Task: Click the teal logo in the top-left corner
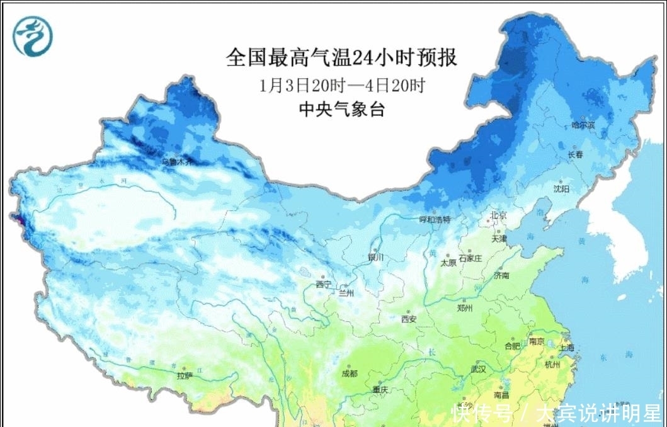(x=33, y=35)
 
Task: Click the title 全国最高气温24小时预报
(x=341, y=58)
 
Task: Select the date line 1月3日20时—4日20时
(x=341, y=85)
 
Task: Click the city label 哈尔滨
(x=583, y=126)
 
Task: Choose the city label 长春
(x=575, y=154)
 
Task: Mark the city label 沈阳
(x=561, y=188)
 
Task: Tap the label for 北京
(x=499, y=216)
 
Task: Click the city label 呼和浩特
(x=435, y=220)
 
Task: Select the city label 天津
(x=499, y=239)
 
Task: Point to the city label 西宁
(x=324, y=284)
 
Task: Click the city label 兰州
(x=346, y=293)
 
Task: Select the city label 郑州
(x=465, y=308)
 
